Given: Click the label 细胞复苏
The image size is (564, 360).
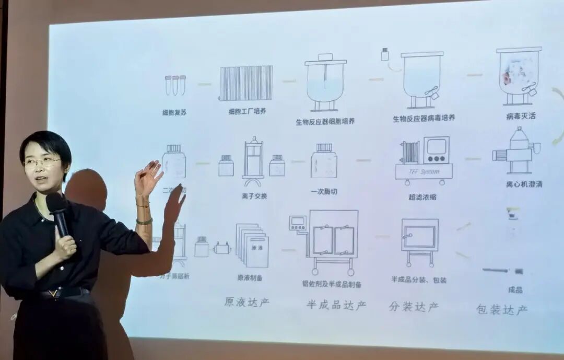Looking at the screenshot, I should point(175,112).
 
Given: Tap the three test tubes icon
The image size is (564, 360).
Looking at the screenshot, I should point(175,85).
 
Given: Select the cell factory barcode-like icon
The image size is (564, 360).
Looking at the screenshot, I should point(246,83).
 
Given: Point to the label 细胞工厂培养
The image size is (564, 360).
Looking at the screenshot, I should point(247,111).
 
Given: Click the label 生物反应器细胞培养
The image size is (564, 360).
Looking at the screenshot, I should point(325,122).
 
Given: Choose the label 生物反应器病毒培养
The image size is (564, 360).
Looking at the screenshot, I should point(424,118).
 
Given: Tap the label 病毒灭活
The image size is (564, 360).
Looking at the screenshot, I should point(520,116).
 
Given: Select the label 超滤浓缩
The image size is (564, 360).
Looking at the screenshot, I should point(423,197).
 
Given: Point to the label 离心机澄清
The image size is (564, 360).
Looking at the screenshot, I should point(524,184).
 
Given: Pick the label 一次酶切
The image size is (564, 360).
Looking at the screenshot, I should point(324,191).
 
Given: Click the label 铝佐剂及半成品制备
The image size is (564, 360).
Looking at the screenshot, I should point(332,284).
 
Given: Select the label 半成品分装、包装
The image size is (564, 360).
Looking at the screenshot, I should point(419,280).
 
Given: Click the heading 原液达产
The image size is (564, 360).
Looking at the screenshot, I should point(247,303).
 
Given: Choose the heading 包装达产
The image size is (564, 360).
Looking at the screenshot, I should point(502,309).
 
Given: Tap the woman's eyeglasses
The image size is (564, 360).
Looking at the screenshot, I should point(42,162).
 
